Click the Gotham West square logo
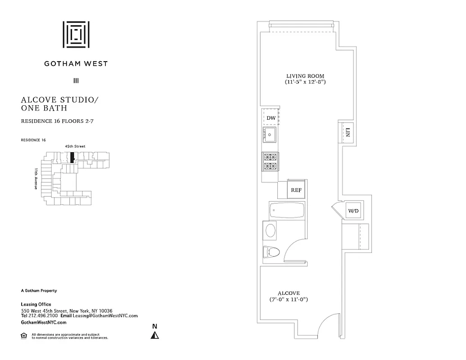click(x=76, y=34)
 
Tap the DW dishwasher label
click(x=271, y=118)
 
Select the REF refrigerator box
click(x=296, y=190)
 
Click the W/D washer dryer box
click(x=352, y=211)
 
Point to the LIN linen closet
click(x=348, y=132)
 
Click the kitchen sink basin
click(x=270, y=134)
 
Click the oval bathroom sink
click(x=271, y=231)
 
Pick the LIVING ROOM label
click(x=305, y=76)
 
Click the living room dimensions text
click(x=305, y=82)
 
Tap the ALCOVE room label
click(x=288, y=293)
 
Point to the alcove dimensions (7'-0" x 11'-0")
click(x=288, y=299)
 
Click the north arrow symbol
click(x=155, y=335)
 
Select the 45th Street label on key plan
click(x=75, y=146)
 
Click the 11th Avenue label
click(x=35, y=178)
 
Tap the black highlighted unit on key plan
click(x=72, y=158)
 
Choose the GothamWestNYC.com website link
click(x=44, y=323)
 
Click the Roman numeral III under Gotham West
click(x=76, y=81)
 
